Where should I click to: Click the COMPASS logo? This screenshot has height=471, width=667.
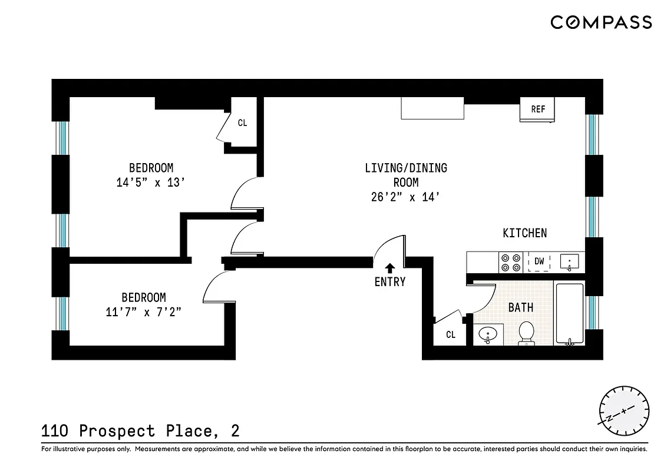pyautogui.click(x=601, y=22)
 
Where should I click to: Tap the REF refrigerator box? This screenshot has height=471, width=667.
pyautogui.click(x=537, y=110)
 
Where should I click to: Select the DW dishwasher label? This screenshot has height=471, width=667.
pyautogui.click(x=539, y=261)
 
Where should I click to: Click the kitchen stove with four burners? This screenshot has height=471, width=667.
pyautogui.click(x=511, y=262)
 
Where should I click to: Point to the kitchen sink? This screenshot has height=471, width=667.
pyautogui.click(x=570, y=261)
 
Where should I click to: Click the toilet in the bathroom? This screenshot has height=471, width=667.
pyautogui.click(x=526, y=333)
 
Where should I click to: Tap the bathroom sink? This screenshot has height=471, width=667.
pyautogui.click(x=488, y=335)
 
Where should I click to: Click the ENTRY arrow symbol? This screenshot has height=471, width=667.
pyautogui.click(x=389, y=269)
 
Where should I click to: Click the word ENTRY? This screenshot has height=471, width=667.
pyautogui.click(x=389, y=282)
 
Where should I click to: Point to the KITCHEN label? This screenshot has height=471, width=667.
pyautogui.click(x=524, y=233)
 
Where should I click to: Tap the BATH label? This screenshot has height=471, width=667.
pyautogui.click(x=521, y=307)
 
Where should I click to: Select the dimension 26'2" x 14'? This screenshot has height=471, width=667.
pyautogui.click(x=406, y=197)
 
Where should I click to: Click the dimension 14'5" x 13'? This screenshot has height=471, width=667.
pyautogui.click(x=151, y=183)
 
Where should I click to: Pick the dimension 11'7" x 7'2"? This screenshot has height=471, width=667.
pyautogui.click(x=144, y=312)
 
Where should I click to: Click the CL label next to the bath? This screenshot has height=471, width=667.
pyautogui.click(x=451, y=335)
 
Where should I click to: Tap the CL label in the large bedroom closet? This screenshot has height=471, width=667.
pyautogui.click(x=242, y=123)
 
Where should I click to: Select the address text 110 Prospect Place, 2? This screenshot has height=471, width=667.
pyautogui.click(x=140, y=431)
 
